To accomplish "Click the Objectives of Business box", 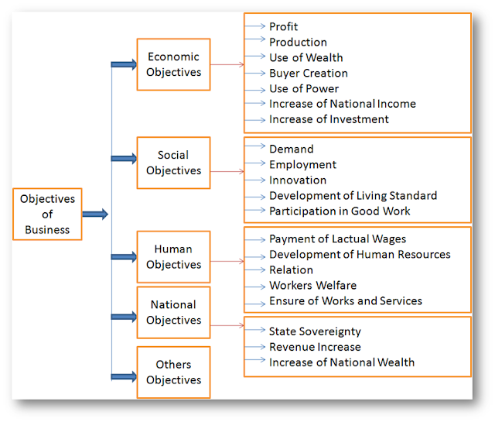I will (47, 214).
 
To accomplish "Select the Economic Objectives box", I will (173, 64).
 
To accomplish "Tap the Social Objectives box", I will (173, 163).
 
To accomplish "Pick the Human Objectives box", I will (173, 257).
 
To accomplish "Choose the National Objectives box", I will (173, 312).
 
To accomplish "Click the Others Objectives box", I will (173, 372).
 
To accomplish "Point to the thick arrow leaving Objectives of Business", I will (95, 214).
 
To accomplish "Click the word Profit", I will (283, 27).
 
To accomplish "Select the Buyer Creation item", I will (308, 74).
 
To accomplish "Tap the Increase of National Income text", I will (342, 104).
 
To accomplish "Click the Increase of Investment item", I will (329, 119).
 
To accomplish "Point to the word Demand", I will (291, 149).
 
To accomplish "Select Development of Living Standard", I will (353, 195).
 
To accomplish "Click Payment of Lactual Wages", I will (337, 239).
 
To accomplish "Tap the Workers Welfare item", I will (312, 285).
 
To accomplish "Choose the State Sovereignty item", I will (315, 331).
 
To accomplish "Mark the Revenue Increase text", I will (315, 347).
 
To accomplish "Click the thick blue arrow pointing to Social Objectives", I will (124, 159).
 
